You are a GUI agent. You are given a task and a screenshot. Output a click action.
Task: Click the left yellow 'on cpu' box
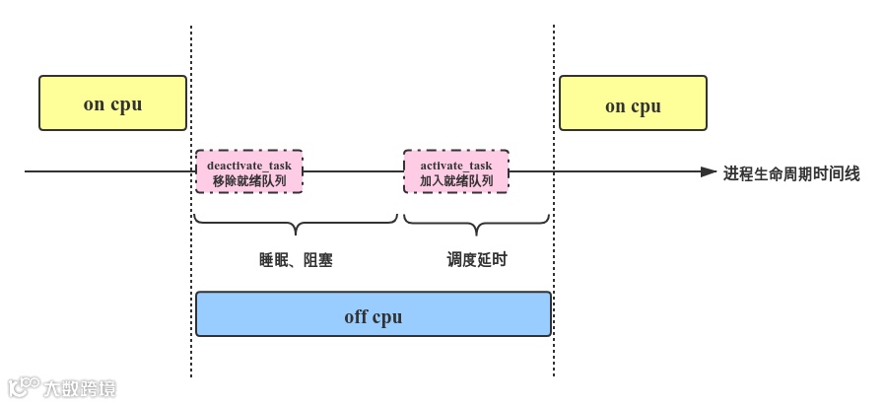(x=112, y=102)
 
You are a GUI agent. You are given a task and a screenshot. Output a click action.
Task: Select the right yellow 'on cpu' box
(x=633, y=103)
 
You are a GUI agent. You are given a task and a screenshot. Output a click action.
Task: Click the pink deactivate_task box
(x=249, y=171)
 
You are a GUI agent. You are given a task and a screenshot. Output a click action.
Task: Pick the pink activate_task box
(x=456, y=171)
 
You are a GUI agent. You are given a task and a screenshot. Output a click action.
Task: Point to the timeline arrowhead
(x=709, y=172)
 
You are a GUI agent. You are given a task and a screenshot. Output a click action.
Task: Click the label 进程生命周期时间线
(x=791, y=174)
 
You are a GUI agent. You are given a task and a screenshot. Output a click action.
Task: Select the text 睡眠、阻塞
(x=296, y=260)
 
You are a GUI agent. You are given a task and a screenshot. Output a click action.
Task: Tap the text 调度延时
(x=477, y=259)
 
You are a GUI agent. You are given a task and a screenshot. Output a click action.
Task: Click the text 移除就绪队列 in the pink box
(x=249, y=181)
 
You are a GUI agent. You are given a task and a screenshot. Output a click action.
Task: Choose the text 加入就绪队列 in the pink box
(x=456, y=181)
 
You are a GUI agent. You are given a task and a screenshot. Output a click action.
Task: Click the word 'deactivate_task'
(x=249, y=165)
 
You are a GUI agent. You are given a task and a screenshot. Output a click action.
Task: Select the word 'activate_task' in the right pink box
(x=456, y=165)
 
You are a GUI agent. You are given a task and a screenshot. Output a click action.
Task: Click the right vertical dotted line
(x=553, y=246)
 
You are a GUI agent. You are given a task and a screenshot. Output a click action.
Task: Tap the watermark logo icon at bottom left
(x=23, y=386)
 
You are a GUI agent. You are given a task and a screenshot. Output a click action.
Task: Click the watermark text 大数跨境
(x=79, y=388)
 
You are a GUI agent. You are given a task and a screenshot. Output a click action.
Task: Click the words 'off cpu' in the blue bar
(x=373, y=317)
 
